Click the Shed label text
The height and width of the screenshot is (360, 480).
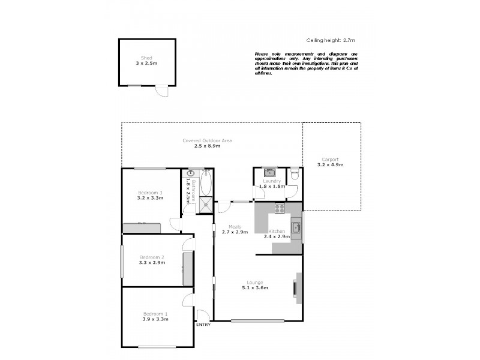point(146,58)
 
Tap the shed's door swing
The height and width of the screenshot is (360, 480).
point(161,91)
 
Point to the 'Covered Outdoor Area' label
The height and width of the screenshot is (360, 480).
point(207,140)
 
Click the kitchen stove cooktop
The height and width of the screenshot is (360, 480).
point(280,209)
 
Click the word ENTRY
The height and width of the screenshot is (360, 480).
point(203,325)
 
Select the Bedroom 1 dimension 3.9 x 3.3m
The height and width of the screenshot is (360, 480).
point(155,319)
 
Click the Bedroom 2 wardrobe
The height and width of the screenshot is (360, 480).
point(187,269)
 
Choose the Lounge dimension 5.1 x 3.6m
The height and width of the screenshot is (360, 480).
point(255,288)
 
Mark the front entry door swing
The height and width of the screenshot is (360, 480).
point(203,315)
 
